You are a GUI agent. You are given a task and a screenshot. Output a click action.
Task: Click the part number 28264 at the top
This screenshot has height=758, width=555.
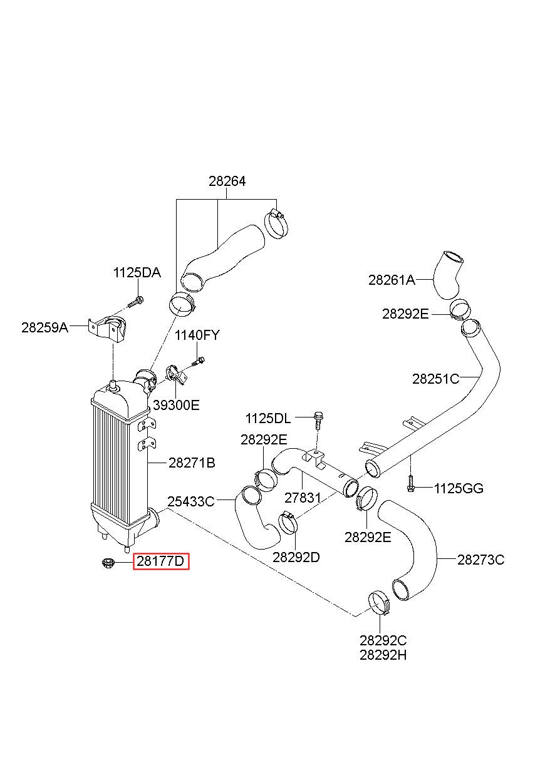click(227, 182)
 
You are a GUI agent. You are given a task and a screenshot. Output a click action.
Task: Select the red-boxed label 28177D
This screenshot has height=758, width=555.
click(161, 561)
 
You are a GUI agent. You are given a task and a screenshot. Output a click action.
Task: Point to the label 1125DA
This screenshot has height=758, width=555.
click(137, 272)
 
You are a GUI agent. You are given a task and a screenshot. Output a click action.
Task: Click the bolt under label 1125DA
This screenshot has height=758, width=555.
click(136, 301)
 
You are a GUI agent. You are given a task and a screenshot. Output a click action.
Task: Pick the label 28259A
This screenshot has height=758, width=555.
click(44, 327)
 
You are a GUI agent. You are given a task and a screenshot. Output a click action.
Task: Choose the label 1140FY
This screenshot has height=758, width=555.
click(197, 335)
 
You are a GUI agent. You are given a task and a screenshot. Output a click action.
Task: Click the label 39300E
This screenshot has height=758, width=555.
click(176, 405)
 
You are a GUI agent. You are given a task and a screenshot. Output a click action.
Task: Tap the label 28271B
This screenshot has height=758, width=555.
click(192, 463)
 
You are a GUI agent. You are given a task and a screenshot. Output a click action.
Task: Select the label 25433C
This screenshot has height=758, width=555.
click(191, 501)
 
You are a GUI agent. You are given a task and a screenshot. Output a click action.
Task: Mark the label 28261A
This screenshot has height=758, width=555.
click(392, 280)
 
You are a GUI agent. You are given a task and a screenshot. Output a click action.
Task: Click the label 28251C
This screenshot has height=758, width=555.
click(435, 379)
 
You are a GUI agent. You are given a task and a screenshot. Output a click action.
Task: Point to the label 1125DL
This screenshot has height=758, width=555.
click(268, 419)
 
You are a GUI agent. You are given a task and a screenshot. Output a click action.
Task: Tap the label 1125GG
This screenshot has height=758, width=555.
click(459, 488)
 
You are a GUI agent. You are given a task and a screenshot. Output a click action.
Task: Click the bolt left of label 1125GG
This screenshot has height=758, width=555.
click(410, 483)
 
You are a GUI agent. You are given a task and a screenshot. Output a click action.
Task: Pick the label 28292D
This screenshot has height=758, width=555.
click(296, 557)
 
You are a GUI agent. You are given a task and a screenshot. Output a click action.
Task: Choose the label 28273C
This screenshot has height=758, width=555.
click(481, 560)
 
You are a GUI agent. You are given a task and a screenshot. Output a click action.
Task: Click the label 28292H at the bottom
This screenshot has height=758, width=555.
click(383, 655)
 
